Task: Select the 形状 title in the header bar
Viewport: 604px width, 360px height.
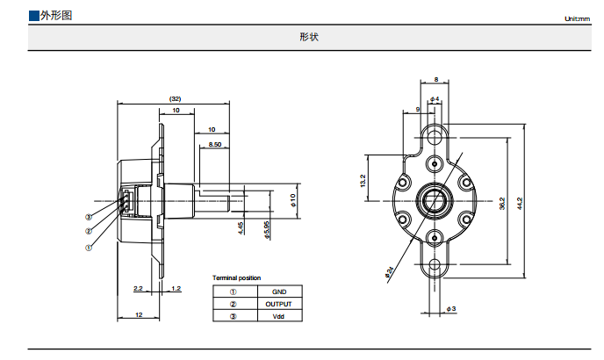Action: click(308, 37)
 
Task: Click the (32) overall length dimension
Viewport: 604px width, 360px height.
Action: click(175, 98)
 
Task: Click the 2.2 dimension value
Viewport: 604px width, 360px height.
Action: click(138, 288)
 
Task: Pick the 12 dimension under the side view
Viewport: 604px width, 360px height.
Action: click(138, 314)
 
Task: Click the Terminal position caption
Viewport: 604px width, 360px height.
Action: click(236, 277)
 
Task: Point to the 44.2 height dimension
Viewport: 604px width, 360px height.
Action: click(521, 202)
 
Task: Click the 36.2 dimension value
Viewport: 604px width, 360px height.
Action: click(501, 202)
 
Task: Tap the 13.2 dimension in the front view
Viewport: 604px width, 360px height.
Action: click(362, 181)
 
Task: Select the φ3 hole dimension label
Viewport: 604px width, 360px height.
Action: click(450, 309)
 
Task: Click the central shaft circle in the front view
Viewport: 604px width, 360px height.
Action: click(435, 199)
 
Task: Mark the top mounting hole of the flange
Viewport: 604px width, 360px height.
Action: click(435, 136)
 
